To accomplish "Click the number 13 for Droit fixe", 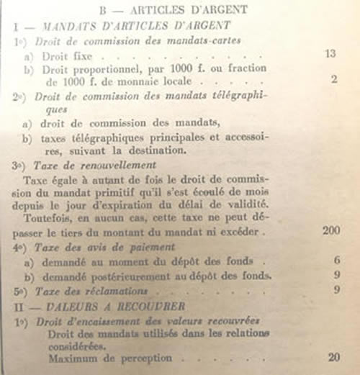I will [330, 53].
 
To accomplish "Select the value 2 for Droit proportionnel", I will [334, 79].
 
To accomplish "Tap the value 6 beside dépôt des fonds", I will [336, 261].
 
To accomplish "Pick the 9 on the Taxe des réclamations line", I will [336, 291].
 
